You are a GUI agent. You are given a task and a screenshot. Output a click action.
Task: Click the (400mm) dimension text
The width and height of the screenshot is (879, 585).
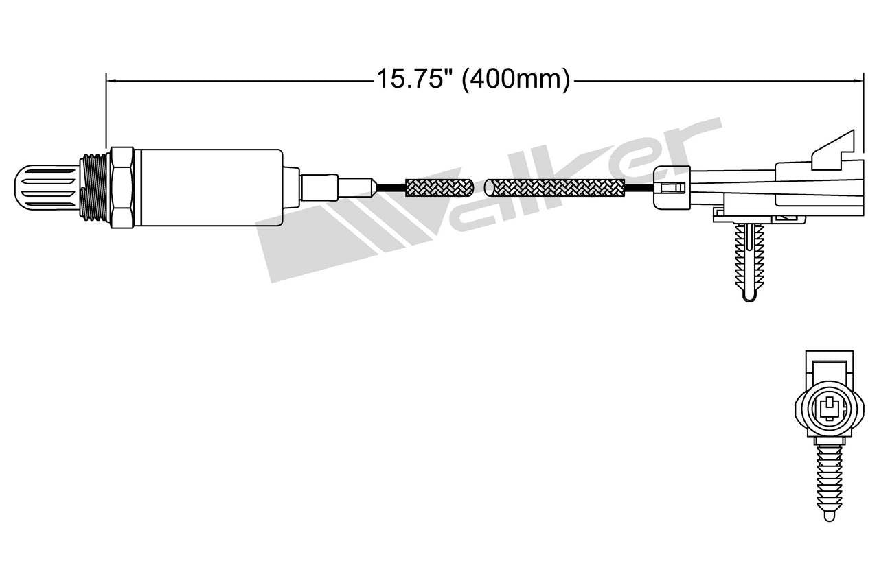[516, 79]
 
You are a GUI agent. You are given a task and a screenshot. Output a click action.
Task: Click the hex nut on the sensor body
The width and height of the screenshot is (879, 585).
[122, 187]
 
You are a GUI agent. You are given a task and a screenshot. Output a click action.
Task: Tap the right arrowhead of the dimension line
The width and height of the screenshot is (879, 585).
[858, 80]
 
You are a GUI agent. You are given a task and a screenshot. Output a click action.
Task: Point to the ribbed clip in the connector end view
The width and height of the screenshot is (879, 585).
[829, 480]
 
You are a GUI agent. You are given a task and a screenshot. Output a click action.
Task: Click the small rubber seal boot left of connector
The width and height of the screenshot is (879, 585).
[671, 187]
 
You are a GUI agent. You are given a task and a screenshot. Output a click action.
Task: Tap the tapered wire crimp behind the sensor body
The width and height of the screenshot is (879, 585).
[357, 187]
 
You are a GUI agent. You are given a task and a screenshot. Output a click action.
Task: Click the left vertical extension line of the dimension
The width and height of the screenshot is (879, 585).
[106, 110]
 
